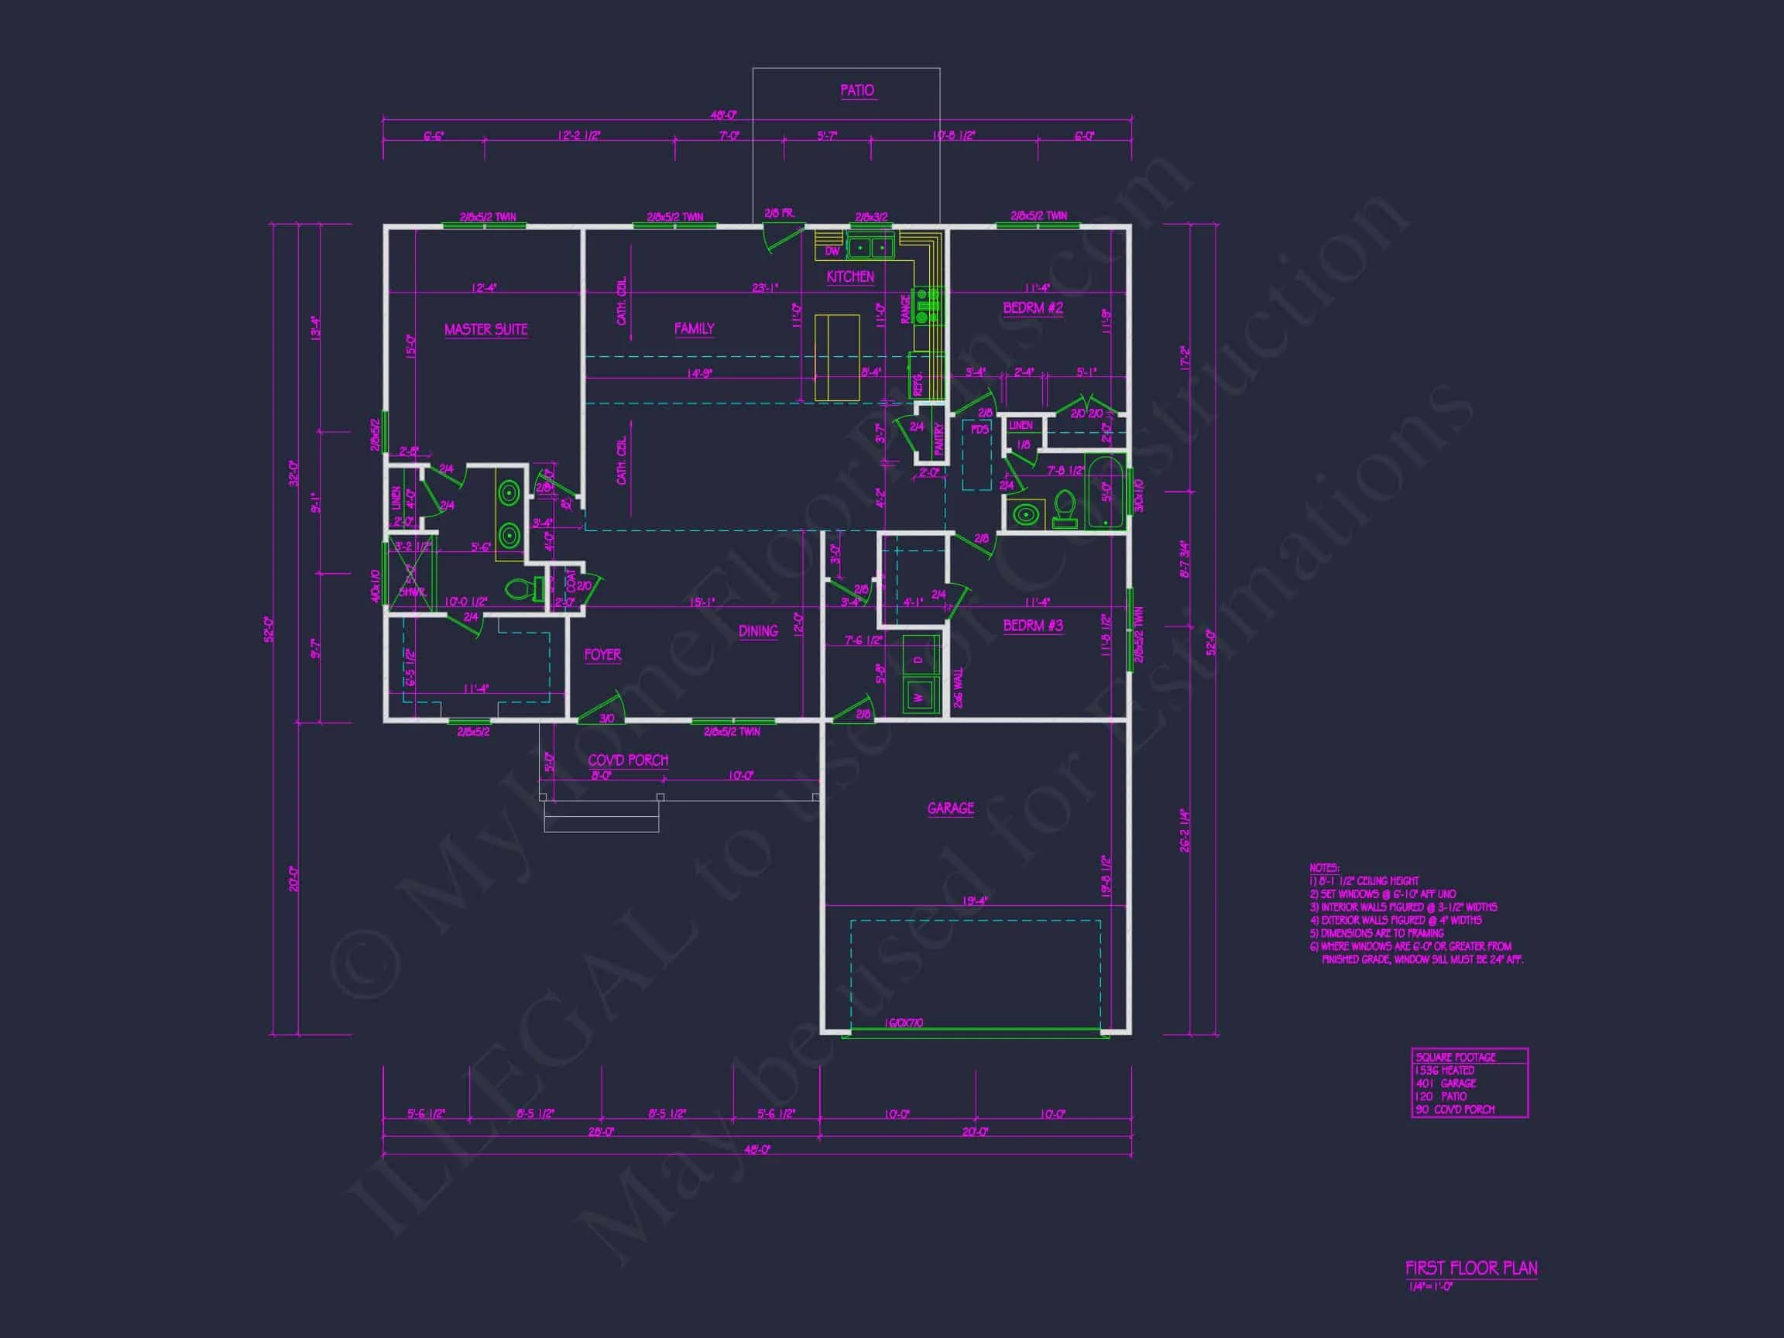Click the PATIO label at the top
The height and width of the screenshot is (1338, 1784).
click(x=856, y=91)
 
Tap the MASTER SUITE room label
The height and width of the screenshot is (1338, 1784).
click(x=485, y=329)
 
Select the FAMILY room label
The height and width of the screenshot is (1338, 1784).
click(x=694, y=328)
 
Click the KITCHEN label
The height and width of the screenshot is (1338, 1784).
click(x=850, y=276)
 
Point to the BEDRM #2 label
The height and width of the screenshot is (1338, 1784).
click(x=1032, y=308)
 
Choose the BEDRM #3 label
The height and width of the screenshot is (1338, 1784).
click(x=1032, y=625)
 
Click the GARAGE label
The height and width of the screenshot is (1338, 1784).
click(x=950, y=808)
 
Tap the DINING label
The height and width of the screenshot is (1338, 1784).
click(x=757, y=631)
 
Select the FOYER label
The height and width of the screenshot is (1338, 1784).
click(x=602, y=655)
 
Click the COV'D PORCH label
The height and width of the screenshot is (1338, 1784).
click(x=627, y=760)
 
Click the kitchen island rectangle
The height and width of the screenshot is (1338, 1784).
click(x=837, y=357)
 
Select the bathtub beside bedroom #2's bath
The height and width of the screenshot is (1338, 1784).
click(x=1104, y=491)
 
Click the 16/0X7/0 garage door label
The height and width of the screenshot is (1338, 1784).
click(x=904, y=1024)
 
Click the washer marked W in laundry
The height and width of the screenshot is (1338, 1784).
click(x=918, y=695)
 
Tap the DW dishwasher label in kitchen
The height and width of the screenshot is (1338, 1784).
click(x=832, y=252)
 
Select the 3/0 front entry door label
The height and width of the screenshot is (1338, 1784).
click(x=606, y=719)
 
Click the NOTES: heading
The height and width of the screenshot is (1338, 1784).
click(x=1323, y=868)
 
